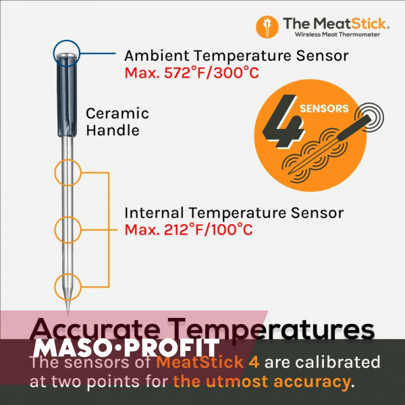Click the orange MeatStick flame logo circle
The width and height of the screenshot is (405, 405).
pos(267,27)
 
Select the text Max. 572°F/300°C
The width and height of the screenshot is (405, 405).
pos(192,73)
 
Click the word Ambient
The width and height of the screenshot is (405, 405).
pos(157,56)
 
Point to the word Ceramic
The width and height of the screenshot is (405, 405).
pos(117,113)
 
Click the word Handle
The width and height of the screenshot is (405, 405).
pos(113,130)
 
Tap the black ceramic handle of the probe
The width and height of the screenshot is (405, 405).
pos(67,96)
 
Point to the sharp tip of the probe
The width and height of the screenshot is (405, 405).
pos(68,315)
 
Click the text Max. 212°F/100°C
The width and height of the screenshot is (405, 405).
pos(188,230)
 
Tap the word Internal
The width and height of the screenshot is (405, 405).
pos(154,213)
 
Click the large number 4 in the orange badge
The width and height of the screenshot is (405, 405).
pos(283,122)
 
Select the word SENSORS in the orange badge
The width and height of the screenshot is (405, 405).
pos(324,109)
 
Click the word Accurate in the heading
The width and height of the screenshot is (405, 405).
pos(94,330)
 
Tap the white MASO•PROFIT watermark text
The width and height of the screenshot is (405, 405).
pos(126,348)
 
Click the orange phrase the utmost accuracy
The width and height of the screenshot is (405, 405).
pos(262,381)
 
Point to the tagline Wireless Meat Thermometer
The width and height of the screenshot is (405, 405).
pos(337,34)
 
